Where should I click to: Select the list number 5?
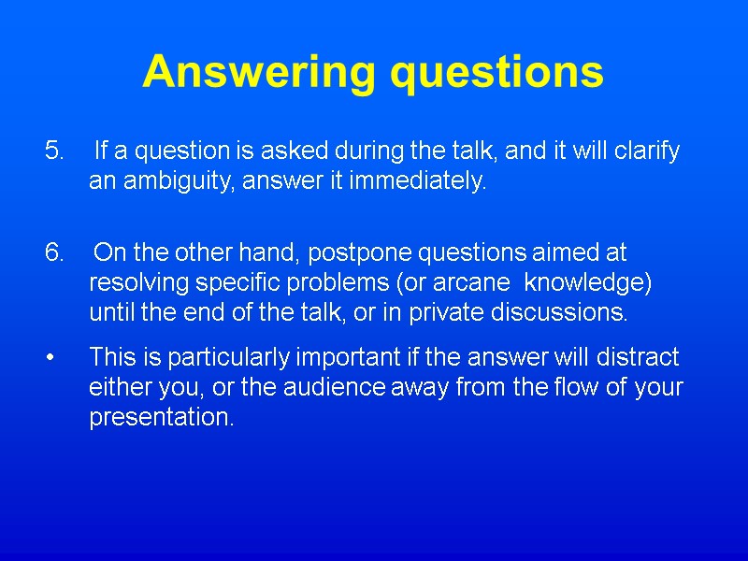52,151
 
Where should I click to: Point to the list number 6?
52,252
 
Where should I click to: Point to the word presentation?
161,417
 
